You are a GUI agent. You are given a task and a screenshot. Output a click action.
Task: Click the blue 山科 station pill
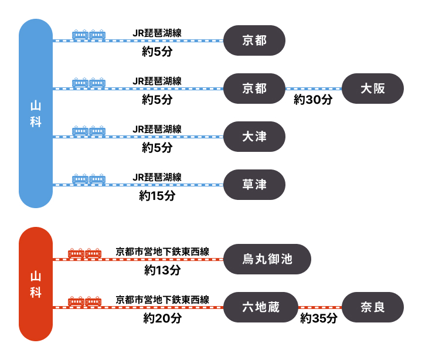click(x=36, y=114)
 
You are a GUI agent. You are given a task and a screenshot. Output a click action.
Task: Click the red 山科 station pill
click(x=36, y=284)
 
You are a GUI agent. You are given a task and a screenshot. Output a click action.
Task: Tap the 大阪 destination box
click(x=373, y=89)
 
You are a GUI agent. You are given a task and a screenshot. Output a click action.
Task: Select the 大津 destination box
click(x=254, y=137)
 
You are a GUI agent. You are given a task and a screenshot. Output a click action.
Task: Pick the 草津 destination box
click(x=254, y=185)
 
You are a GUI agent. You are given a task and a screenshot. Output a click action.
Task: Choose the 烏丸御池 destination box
click(x=267, y=259)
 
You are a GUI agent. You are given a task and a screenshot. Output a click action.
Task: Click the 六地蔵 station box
click(x=261, y=307)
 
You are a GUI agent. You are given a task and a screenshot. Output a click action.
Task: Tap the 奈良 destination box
click(x=373, y=307)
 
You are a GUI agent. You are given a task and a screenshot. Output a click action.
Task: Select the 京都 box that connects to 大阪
click(x=254, y=89)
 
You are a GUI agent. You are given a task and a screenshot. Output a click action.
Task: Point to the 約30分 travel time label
click(x=313, y=100)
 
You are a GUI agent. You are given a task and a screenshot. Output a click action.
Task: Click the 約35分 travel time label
click(x=319, y=318)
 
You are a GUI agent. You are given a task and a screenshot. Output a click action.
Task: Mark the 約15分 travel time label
click(x=157, y=196)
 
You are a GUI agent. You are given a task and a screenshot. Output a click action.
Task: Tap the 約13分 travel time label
click(x=162, y=270)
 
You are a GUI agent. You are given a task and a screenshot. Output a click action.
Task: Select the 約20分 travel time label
click(x=162, y=318)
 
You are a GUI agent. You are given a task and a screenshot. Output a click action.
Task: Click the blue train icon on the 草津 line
click(x=89, y=178)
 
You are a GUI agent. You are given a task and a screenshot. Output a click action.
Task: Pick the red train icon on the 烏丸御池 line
click(x=85, y=253)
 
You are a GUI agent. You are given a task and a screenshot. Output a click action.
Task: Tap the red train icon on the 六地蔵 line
click(x=85, y=301)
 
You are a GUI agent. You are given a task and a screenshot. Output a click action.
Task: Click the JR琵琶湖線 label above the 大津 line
click(x=157, y=129)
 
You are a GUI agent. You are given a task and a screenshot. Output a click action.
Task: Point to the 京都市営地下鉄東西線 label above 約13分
click(x=162, y=252)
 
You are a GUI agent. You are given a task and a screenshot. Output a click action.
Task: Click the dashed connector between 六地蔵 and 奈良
click(x=320, y=307)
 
